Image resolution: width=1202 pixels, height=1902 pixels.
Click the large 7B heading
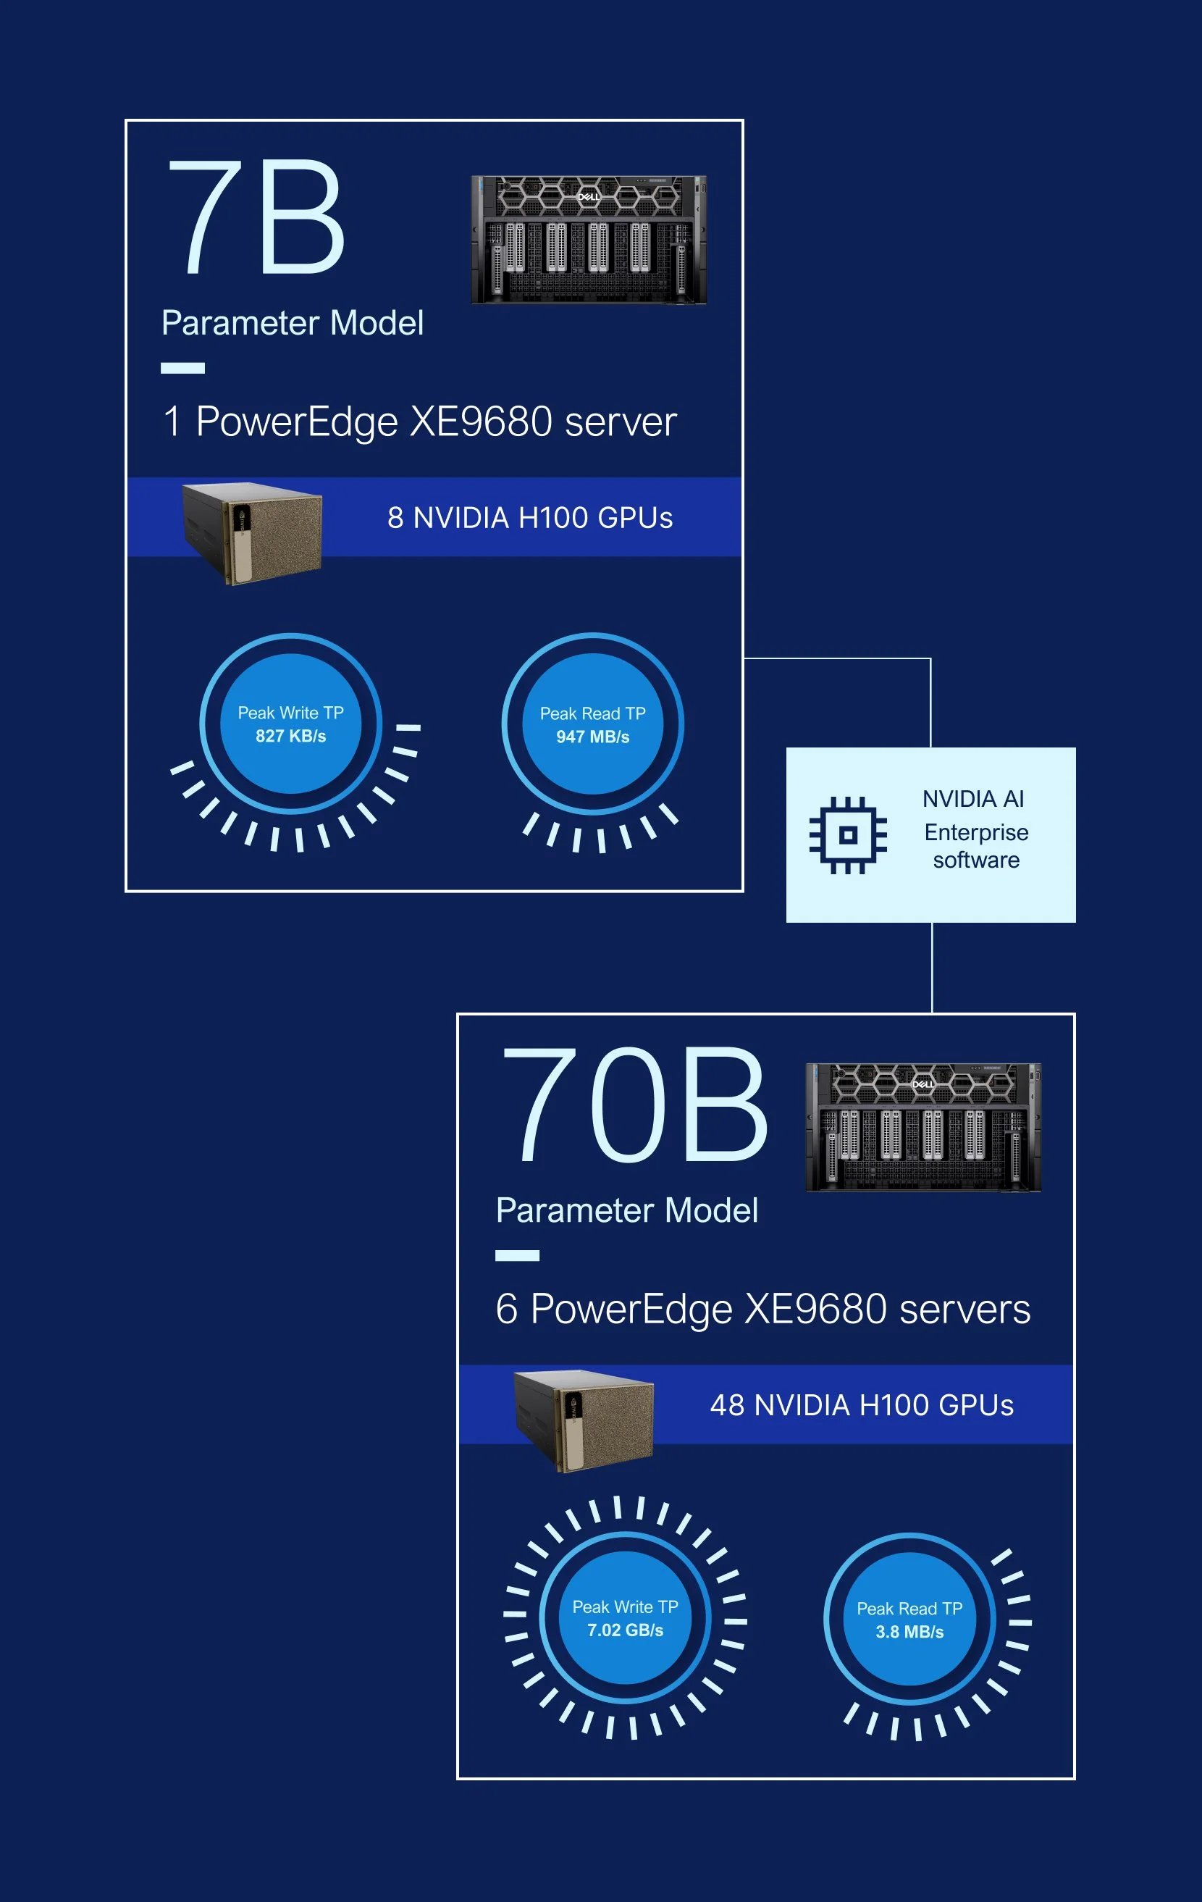pos(254,217)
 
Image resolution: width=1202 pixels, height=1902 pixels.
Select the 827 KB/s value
pos(290,736)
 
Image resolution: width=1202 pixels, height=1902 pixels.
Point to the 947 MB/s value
pos(592,737)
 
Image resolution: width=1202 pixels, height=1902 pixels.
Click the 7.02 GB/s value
pos(625,1630)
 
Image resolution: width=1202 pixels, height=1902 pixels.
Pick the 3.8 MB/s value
pos(909,1631)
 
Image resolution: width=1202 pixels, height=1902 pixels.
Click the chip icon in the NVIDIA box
pos(847,835)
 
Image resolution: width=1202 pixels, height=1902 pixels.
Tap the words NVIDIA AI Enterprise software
pos(975,829)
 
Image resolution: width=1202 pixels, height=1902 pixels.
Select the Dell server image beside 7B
pos(589,239)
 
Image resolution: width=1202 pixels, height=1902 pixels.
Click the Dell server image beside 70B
pos(922,1127)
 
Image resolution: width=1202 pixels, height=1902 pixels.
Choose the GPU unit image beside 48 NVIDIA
pos(584,1421)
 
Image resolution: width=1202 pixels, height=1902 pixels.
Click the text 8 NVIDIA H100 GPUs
pos(530,518)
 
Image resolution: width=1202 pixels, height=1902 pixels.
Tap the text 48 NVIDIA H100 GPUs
pos(862,1405)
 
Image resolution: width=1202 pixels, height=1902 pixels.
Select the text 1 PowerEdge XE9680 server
pos(419,421)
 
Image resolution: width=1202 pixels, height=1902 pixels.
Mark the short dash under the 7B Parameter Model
pos(182,368)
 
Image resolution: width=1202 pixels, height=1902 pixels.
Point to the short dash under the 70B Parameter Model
pos(517,1256)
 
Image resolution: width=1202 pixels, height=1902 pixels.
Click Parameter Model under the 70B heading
pos(626,1210)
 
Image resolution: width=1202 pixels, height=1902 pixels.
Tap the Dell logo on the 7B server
pos(589,197)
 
